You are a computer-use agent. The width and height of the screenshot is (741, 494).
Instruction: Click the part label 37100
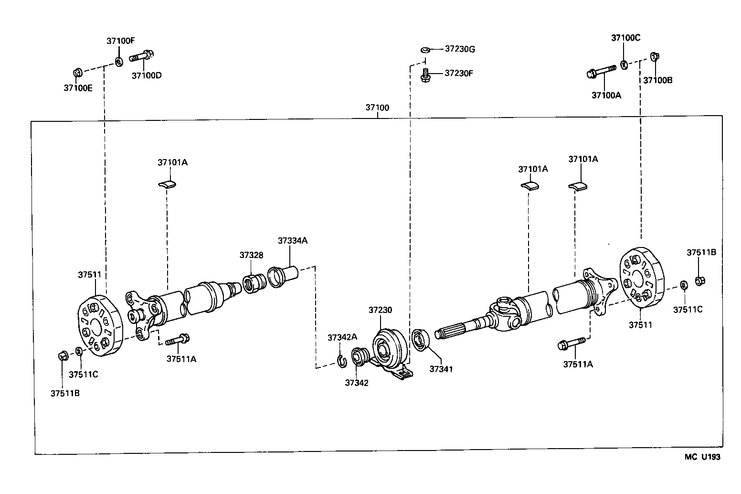(x=377, y=107)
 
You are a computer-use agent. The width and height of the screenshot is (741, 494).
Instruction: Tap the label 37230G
(x=460, y=49)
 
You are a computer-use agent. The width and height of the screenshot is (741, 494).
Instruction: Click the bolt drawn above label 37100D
(x=141, y=56)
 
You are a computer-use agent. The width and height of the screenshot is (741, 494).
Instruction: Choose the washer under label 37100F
(x=118, y=61)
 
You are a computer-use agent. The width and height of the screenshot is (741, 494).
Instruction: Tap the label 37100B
(x=657, y=80)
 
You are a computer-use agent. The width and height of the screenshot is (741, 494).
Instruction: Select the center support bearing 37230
(x=388, y=348)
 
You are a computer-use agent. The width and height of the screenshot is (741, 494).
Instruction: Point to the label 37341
(x=441, y=369)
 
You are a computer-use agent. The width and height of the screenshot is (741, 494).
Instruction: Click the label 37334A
(x=292, y=241)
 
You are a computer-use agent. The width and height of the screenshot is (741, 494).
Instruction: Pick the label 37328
(x=251, y=255)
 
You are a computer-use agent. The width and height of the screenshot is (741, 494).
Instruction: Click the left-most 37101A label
(x=172, y=162)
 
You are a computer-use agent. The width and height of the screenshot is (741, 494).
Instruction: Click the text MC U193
(x=702, y=457)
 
